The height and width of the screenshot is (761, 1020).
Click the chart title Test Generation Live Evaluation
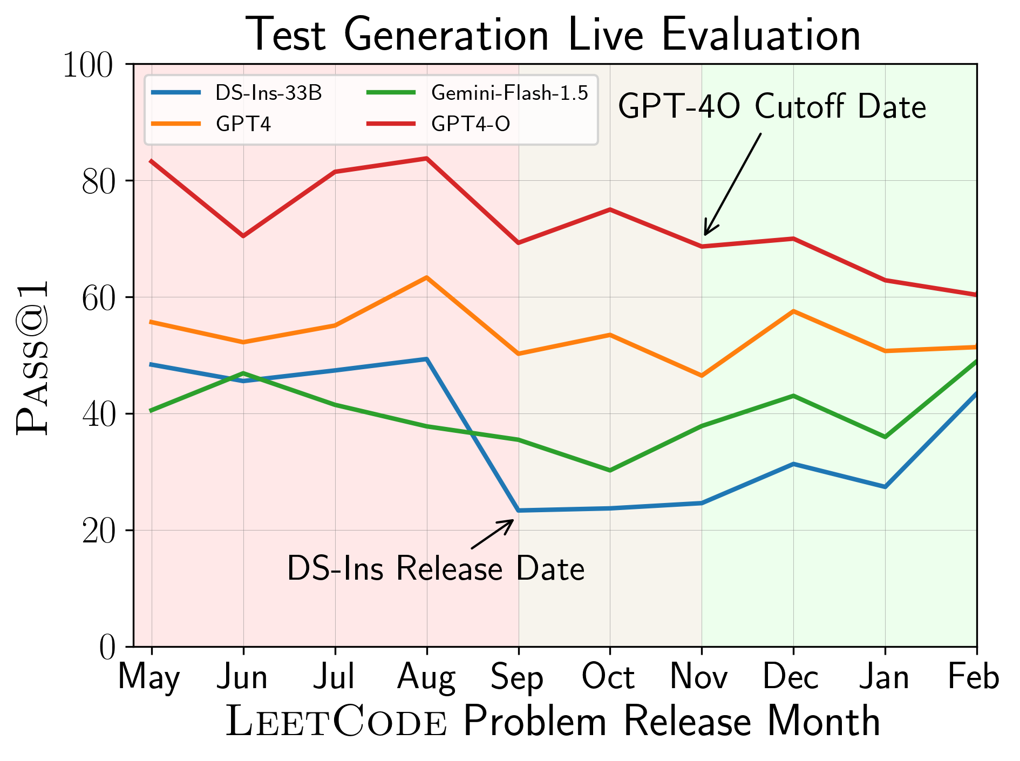553,35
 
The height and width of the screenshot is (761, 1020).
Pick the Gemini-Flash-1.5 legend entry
509,93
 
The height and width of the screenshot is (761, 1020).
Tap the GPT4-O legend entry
471,124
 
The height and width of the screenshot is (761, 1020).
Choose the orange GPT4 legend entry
243,124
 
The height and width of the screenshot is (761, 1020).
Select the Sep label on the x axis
518,677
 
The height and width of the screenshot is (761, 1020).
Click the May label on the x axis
149,677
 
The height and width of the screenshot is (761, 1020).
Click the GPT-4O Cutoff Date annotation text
772,106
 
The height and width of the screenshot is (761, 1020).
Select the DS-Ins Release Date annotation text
436,568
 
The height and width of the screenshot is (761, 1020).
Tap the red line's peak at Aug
426,158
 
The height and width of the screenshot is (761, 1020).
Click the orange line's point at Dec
793,311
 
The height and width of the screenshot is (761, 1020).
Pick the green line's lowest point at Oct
610,471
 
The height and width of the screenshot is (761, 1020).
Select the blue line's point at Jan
885,487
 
